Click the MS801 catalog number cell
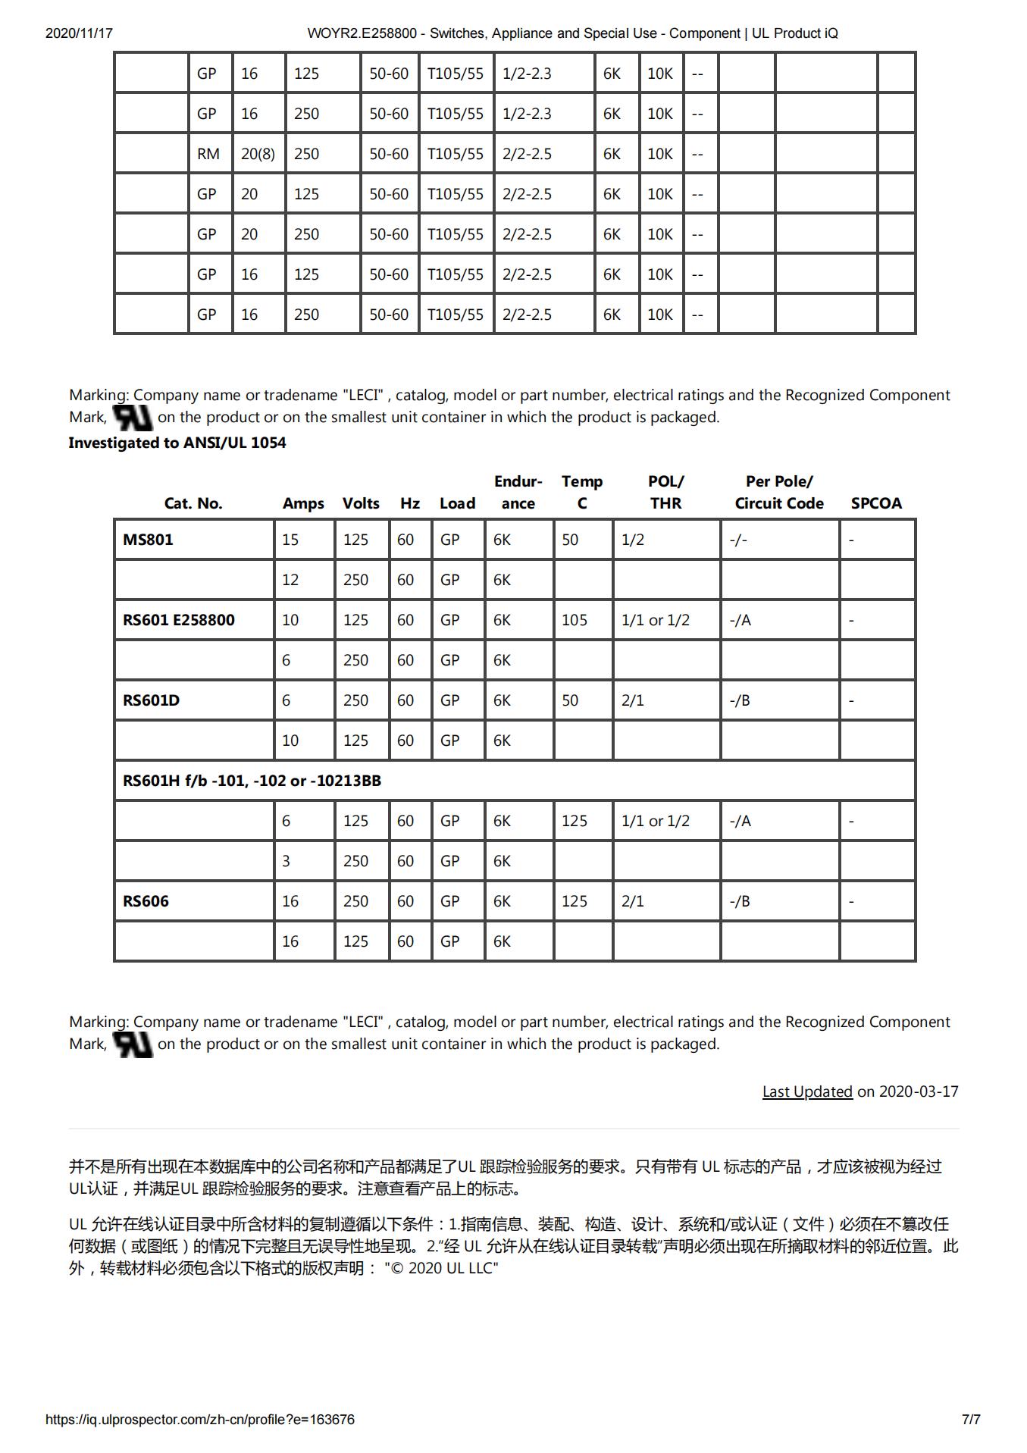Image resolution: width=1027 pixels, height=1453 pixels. click(149, 540)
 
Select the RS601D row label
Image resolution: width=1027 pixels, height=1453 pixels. click(152, 700)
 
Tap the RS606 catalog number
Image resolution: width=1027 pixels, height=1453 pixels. click(146, 901)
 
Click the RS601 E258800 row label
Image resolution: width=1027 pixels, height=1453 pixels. click(179, 620)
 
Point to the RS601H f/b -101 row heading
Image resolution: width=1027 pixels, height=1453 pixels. click(252, 781)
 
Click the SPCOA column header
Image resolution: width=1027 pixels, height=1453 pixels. click(876, 503)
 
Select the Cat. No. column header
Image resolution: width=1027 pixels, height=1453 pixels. click(193, 503)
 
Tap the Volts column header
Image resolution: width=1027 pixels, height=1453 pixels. click(361, 503)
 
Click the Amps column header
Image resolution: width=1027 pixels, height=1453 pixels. click(303, 503)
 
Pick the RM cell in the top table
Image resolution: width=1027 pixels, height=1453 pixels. click(208, 154)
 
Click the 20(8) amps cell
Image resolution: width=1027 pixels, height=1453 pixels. click(258, 154)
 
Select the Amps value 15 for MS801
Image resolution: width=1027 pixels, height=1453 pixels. click(290, 540)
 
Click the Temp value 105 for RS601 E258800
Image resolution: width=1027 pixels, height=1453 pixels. click(575, 620)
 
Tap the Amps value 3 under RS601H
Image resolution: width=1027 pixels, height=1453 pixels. click(286, 861)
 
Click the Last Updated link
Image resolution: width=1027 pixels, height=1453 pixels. click(807, 1091)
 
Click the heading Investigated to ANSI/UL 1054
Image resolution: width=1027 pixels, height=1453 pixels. click(177, 443)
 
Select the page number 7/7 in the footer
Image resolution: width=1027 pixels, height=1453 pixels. click(971, 1420)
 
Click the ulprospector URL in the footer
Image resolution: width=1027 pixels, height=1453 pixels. click(200, 1420)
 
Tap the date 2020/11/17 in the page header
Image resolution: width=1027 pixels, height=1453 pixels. click(79, 33)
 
